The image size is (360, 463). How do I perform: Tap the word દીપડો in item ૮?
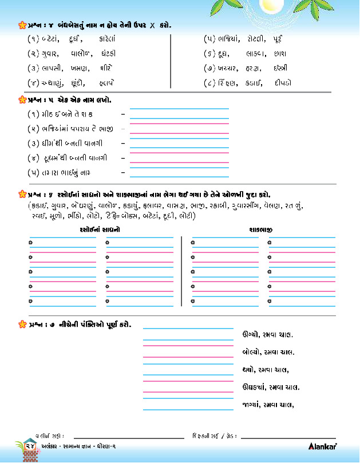pyautogui.click(x=282, y=84)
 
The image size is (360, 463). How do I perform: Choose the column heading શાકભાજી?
pyautogui.click(x=260, y=229)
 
